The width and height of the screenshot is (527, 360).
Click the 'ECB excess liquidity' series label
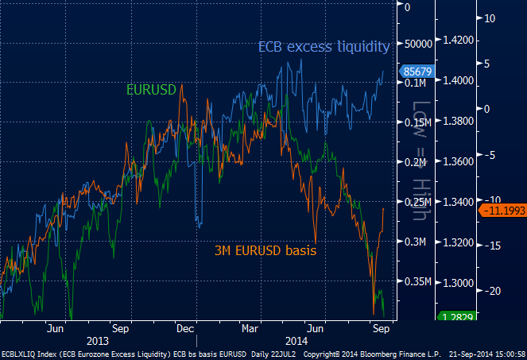[x=324, y=47]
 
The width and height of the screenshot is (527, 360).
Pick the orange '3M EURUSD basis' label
[x=265, y=250]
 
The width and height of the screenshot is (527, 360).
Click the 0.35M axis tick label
[x=417, y=282]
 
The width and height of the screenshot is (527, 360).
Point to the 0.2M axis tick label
[x=417, y=162]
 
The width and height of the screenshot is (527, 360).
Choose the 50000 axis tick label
[x=417, y=45]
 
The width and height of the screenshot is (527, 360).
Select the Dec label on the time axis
[x=186, y=327]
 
